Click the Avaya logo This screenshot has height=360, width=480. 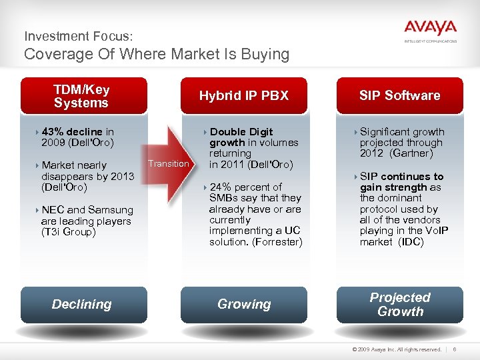[x=430, y=29]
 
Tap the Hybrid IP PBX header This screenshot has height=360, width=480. [x=244, y=96]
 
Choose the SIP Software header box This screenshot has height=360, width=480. [x=399, y=96]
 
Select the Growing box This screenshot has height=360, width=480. [x=244, y=304]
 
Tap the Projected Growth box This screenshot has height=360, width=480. [x=399, y=304]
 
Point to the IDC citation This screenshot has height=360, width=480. [x=411, y=241]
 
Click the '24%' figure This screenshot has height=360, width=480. [x=221, y=187]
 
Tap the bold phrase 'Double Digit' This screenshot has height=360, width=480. [x=241, y=132]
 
